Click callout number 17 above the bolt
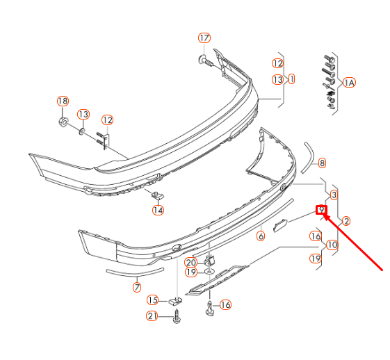click(x=204, y=38)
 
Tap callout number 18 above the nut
click(x=63, y=101)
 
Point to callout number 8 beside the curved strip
click(x=321, y=163)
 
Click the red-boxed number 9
click(x=321, y=209)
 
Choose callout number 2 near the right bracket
click(x=346, y=221)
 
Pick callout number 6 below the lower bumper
click(x=261, y=236)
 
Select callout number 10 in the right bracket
click(x=332, y=245)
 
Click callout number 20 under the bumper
click(x=190, y=262)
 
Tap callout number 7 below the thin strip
click(x=137, y=286)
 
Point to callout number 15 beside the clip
click(x=153, y=300)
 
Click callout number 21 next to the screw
click(x=153, y=317)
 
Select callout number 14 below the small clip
click(x=158, y=210)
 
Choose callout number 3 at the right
click(x=334, y=195)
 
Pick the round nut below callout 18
click(x=63, y=123)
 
